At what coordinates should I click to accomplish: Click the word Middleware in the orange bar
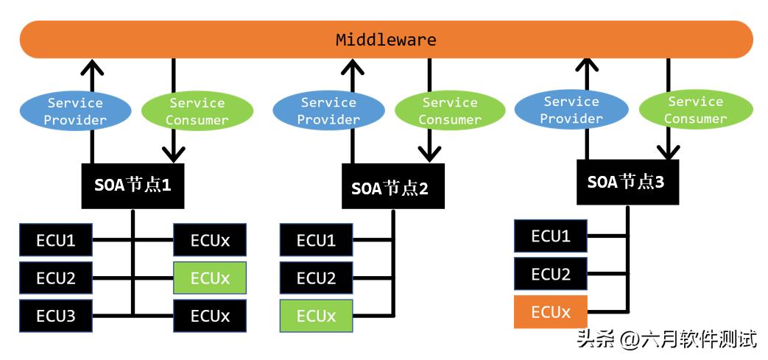(x=386, y=40)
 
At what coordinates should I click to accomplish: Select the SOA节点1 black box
(x=133, y=186)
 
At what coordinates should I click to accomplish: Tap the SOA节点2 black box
(x=393, y=188)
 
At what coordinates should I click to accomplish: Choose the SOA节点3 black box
(x=627, y=182)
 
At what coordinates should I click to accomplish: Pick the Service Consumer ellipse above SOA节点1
(x=197, y=111)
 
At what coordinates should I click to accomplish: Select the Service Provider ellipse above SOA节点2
(x=328, y=111)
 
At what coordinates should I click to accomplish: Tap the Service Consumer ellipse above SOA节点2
(x=450, y=111)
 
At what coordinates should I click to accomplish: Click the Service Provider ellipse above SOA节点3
(x=571, y=110)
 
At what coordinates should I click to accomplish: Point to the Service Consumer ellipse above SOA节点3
(x=695, y=110)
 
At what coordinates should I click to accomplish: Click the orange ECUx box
(x=551, y=312)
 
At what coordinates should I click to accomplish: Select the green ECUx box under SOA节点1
(x=210, y=278)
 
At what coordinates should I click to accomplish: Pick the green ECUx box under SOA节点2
(x=316, y=317)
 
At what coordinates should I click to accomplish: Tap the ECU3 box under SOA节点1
(x=56, y=317)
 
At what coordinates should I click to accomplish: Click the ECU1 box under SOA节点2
(x=316, y=240)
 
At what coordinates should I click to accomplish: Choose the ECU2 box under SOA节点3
(x=551, y=274)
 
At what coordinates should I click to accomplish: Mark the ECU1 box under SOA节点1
(x=56, y=240)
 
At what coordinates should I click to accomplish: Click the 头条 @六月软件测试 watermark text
(x=667, y=339)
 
